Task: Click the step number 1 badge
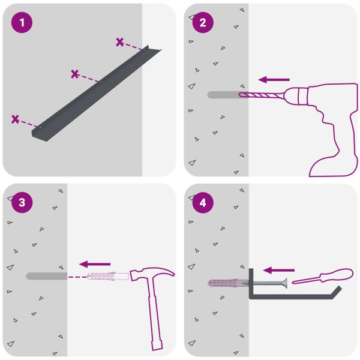click(x=22, y=23)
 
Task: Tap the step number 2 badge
click(x=203, y=23)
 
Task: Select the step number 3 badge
click(x=22, y=203)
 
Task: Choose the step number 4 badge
click(x=203, y=203)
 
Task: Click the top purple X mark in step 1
click(x=119, y=42)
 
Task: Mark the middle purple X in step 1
click(x=75, y=74)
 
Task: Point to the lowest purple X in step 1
click(x=15, y=119)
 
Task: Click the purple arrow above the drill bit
click(x=274, y=80)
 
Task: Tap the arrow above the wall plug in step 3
click(x=95, y=264)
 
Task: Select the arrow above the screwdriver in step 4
click(x=279, y=270)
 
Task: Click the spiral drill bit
click(x=260, y=95)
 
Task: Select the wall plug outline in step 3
click(x=108, y=277)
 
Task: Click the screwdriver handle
click(x=337, y=275)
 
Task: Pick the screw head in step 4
click(x=284, y=283)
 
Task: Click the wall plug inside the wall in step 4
click(x=228, y=283)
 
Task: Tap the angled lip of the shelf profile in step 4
click(x=337, y=292)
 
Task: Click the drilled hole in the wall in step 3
click(x=47, y=276)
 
